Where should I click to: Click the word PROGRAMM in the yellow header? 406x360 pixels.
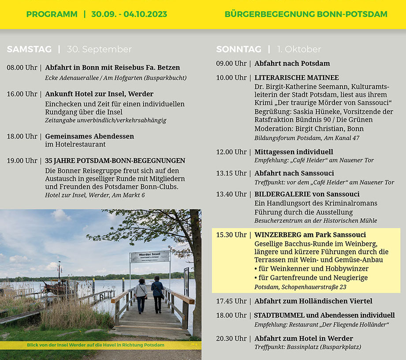pos(52,14)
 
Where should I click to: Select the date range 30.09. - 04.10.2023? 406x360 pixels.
pos(129,14)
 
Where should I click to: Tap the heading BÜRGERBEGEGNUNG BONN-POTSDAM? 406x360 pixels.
pos(306,14)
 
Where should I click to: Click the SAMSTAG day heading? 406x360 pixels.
pos(29,49)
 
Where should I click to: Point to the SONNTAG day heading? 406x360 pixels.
pos(238,49)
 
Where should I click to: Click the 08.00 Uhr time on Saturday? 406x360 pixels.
pos(22,68)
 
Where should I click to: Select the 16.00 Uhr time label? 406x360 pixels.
pos(22,94)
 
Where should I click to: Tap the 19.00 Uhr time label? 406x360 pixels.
pos(22,161)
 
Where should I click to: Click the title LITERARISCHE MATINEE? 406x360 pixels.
pos(297,78)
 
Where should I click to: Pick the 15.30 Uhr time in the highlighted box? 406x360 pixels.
pos(231,235)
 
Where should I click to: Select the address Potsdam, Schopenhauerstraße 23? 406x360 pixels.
pos(300,287)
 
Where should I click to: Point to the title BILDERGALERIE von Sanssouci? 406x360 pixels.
pos(307,194)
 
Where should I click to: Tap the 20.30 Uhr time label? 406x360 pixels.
pos(231,338)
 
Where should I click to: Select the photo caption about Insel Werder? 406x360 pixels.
pos(95,345)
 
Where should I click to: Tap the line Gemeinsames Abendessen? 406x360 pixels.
pos(89,136)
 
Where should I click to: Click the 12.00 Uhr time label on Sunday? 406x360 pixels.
pos(231,152)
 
